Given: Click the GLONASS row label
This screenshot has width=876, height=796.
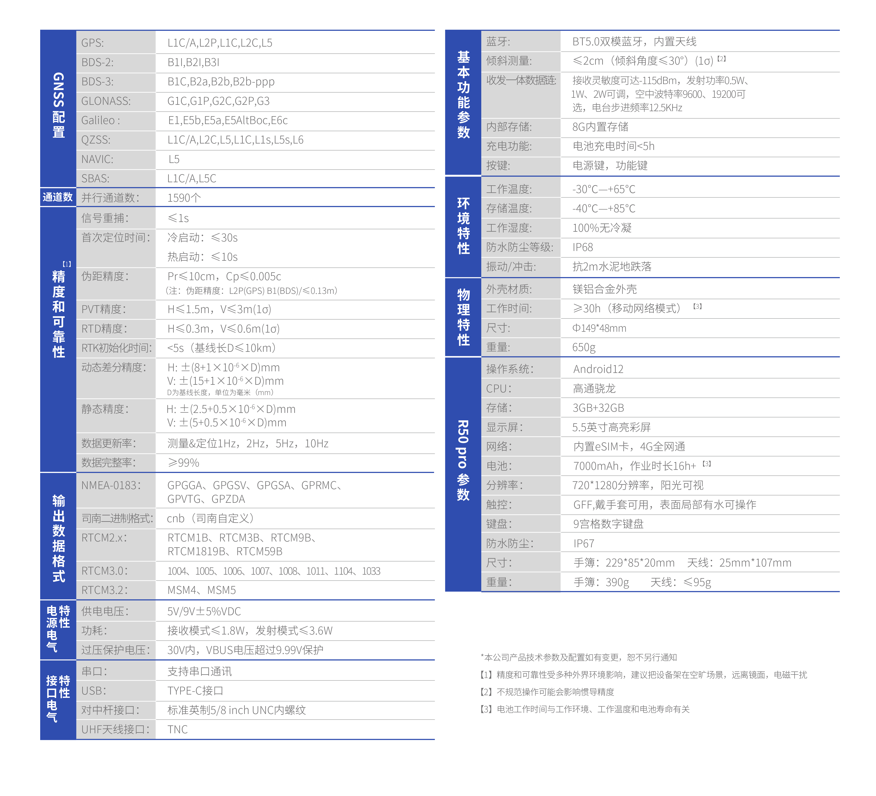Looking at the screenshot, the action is click(106, 101).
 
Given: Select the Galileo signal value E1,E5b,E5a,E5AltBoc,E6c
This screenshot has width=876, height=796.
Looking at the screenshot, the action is click(228, 120).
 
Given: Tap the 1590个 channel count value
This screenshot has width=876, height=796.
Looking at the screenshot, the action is click(184, 198).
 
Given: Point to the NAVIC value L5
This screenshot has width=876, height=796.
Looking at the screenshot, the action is click(174, 159).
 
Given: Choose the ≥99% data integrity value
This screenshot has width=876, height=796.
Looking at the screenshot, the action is click(183, 463).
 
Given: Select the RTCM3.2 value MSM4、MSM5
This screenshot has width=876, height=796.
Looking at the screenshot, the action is click(202, 590).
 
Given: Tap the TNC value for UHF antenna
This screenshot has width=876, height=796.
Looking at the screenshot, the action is click(178, 730).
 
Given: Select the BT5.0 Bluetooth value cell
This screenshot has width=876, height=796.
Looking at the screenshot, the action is click(634, 42).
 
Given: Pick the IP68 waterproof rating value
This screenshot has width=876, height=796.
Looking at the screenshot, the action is click(583, 247).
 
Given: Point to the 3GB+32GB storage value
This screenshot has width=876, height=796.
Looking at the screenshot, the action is click(598, 408).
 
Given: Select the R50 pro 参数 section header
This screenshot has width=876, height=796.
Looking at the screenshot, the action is click(463, 461).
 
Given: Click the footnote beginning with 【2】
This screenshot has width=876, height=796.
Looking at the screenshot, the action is click(547, 692).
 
